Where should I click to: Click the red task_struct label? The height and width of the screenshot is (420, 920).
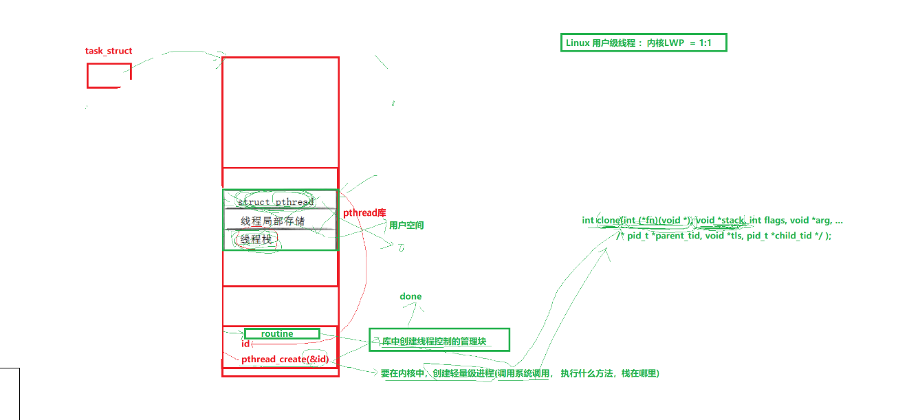[109, 51]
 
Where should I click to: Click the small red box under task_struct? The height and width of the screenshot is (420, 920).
[109, 76]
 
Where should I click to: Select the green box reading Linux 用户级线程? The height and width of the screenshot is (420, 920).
[643, 43]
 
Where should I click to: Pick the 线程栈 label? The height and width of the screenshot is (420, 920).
[257, 240]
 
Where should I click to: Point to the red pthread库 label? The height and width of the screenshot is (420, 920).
[364, 213]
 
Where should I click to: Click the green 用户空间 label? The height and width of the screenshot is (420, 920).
[406, 225]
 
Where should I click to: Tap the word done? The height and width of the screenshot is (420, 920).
[410, 296]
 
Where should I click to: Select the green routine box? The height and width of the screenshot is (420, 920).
[281, 333]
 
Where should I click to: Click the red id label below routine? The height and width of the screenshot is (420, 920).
[245, 344]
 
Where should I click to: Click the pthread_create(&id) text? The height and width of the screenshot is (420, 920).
[289, 360]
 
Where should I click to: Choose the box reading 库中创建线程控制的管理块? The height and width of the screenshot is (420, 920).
[439, 340]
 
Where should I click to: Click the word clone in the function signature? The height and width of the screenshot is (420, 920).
[608, 221]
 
